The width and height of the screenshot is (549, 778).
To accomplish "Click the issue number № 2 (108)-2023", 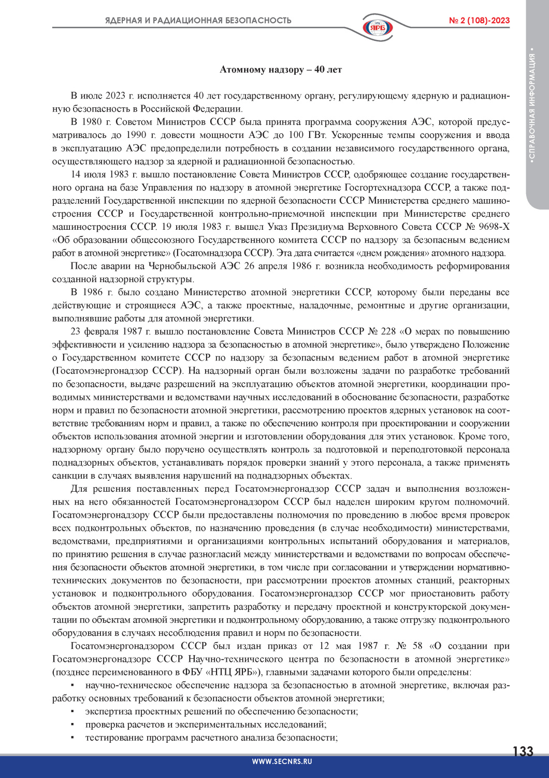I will [479, 21].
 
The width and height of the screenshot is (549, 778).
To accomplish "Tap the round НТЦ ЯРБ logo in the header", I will [378, 27].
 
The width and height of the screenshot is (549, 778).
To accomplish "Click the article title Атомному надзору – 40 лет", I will [281, 70].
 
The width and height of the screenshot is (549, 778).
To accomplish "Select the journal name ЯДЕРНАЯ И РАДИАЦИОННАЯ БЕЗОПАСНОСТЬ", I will [198, 21].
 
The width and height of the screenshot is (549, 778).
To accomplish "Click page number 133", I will [523, 752].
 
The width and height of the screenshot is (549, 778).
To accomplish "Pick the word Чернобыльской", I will [181, 266].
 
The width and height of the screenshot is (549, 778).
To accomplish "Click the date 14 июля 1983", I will [100, 174].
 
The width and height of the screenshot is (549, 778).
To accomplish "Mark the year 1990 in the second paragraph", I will [135, 135].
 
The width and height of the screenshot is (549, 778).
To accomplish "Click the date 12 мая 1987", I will [349, 646].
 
